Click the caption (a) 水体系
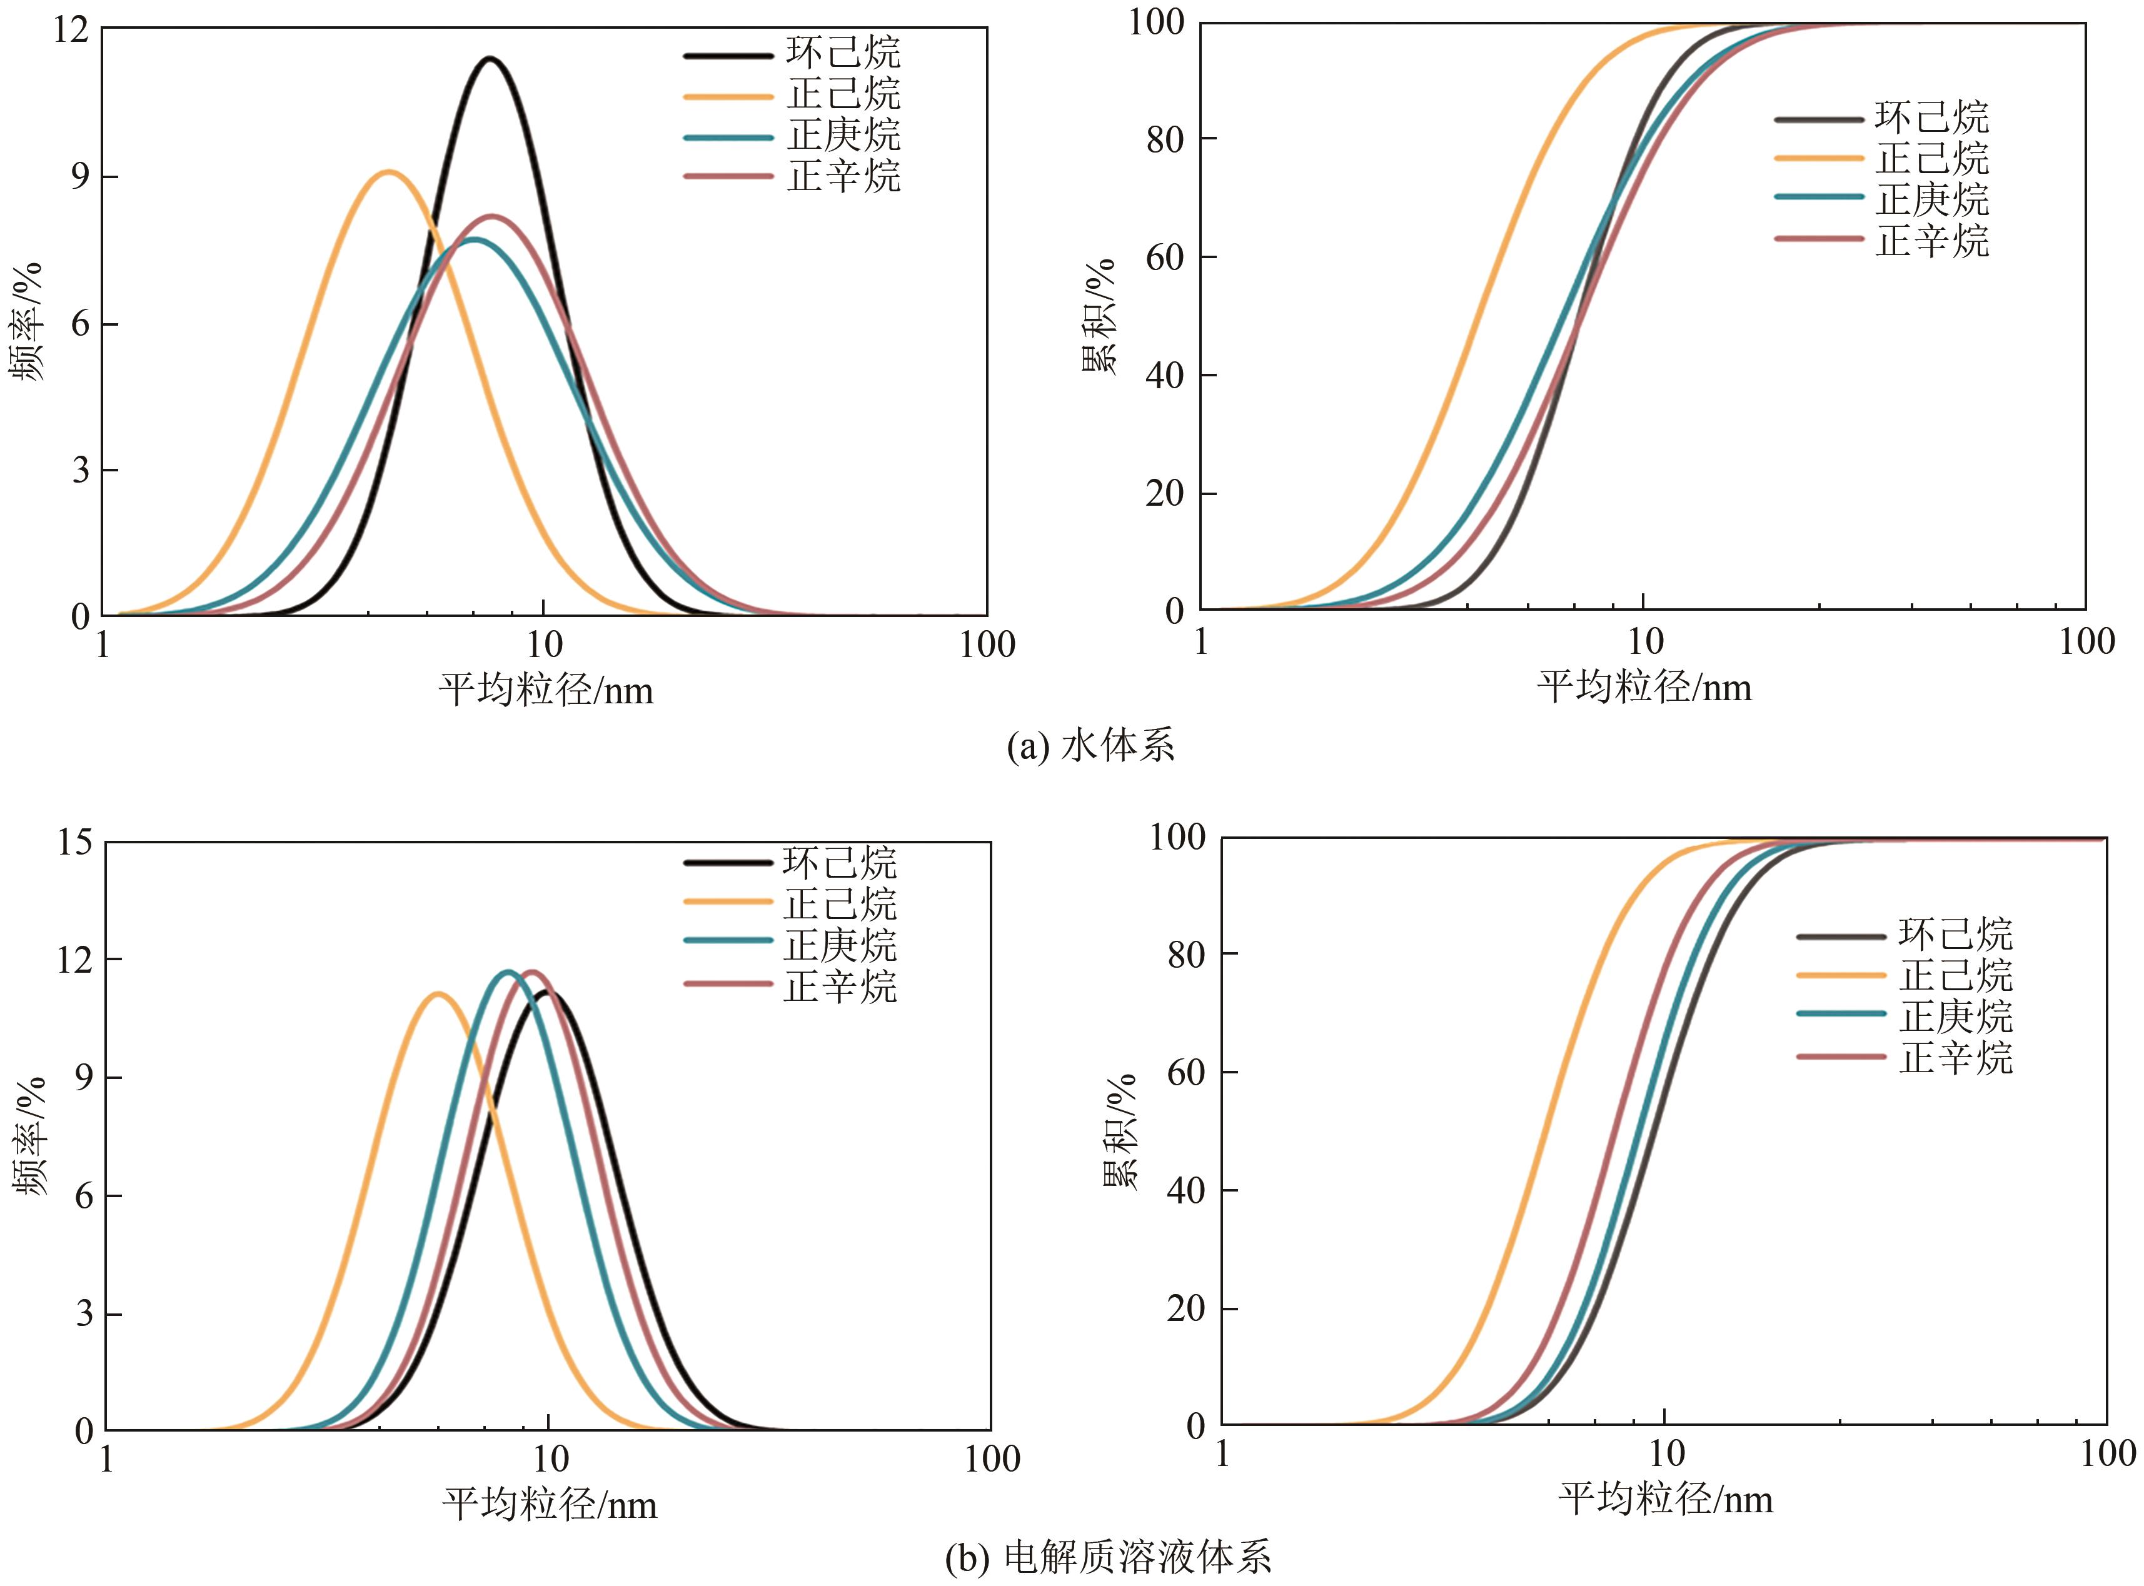coord(1090,746)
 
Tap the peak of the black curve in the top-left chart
coord(491,59)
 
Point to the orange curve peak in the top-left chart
coord(389,173)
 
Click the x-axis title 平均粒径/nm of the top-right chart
coord(1644,688)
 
